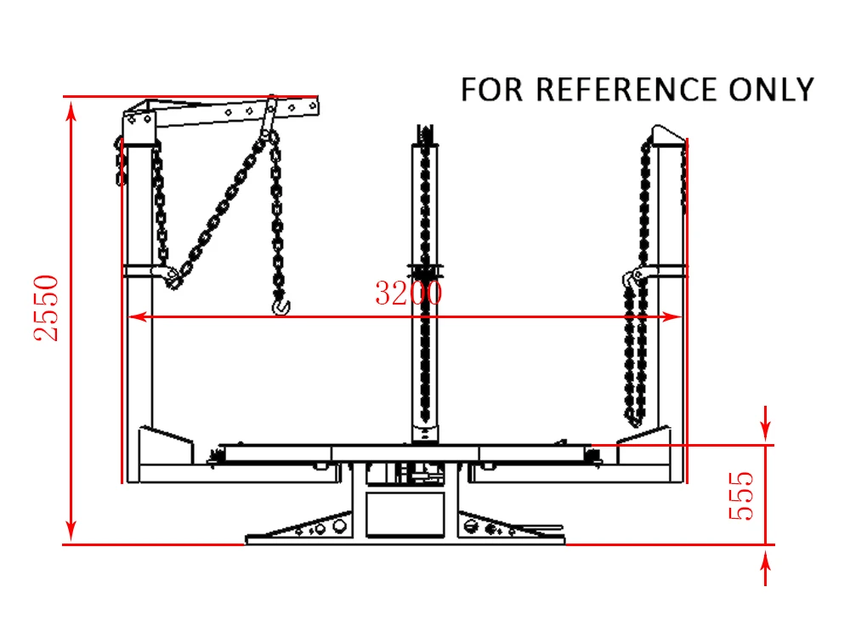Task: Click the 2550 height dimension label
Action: [47, 307]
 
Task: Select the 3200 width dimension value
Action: [409, 293]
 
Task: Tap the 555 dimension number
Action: [741, 495]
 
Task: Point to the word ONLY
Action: [772, 89]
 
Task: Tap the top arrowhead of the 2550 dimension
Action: [71, 109]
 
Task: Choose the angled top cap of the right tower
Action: [667, 134]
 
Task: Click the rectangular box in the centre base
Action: [405, 514]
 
